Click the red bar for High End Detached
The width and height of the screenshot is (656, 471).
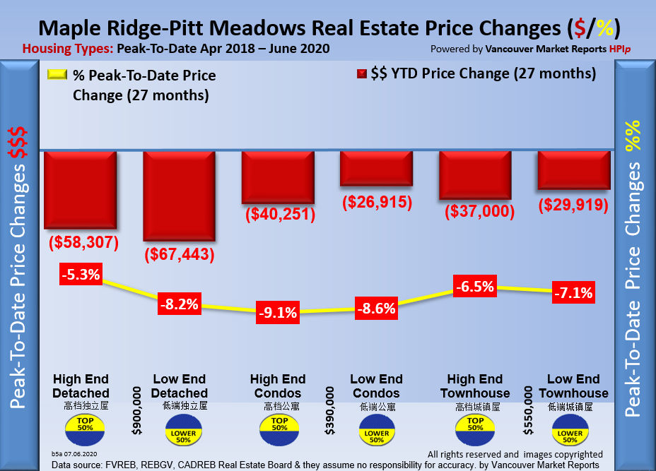[x=81, y=189]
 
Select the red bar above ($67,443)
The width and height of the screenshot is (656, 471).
[x=179, y=196]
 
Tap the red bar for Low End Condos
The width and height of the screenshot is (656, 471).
[x=376, y=169]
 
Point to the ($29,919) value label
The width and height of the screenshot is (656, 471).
[x=573, y=205]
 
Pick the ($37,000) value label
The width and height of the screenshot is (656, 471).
[x=474, y=211]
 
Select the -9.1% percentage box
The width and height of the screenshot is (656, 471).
[x=277, y=311]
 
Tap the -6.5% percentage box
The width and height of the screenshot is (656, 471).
[x=474, y=287]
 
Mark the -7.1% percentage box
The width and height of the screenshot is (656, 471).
[x=573, y=292]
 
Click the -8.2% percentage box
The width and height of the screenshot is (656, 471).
[x=179, y=305]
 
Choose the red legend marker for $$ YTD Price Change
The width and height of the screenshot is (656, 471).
[x=361, y=73]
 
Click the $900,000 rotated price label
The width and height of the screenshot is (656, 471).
[x=138, y=409]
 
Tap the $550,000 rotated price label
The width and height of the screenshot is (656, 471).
[x=528, y=409]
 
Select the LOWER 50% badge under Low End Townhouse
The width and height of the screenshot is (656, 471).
[x=570, y=430]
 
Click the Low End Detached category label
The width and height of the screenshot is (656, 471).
[x=180, y=386]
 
